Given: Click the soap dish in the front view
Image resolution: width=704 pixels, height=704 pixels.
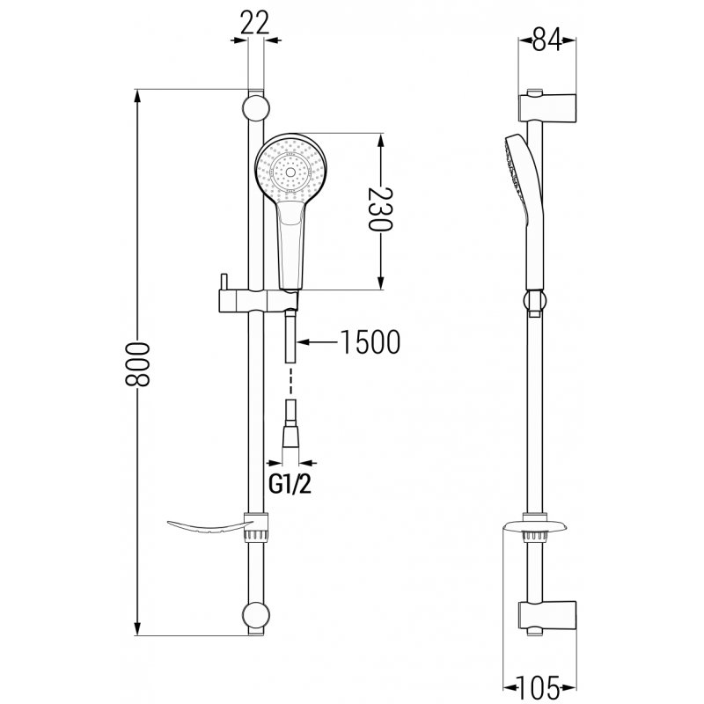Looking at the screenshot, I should click(207, 527).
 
